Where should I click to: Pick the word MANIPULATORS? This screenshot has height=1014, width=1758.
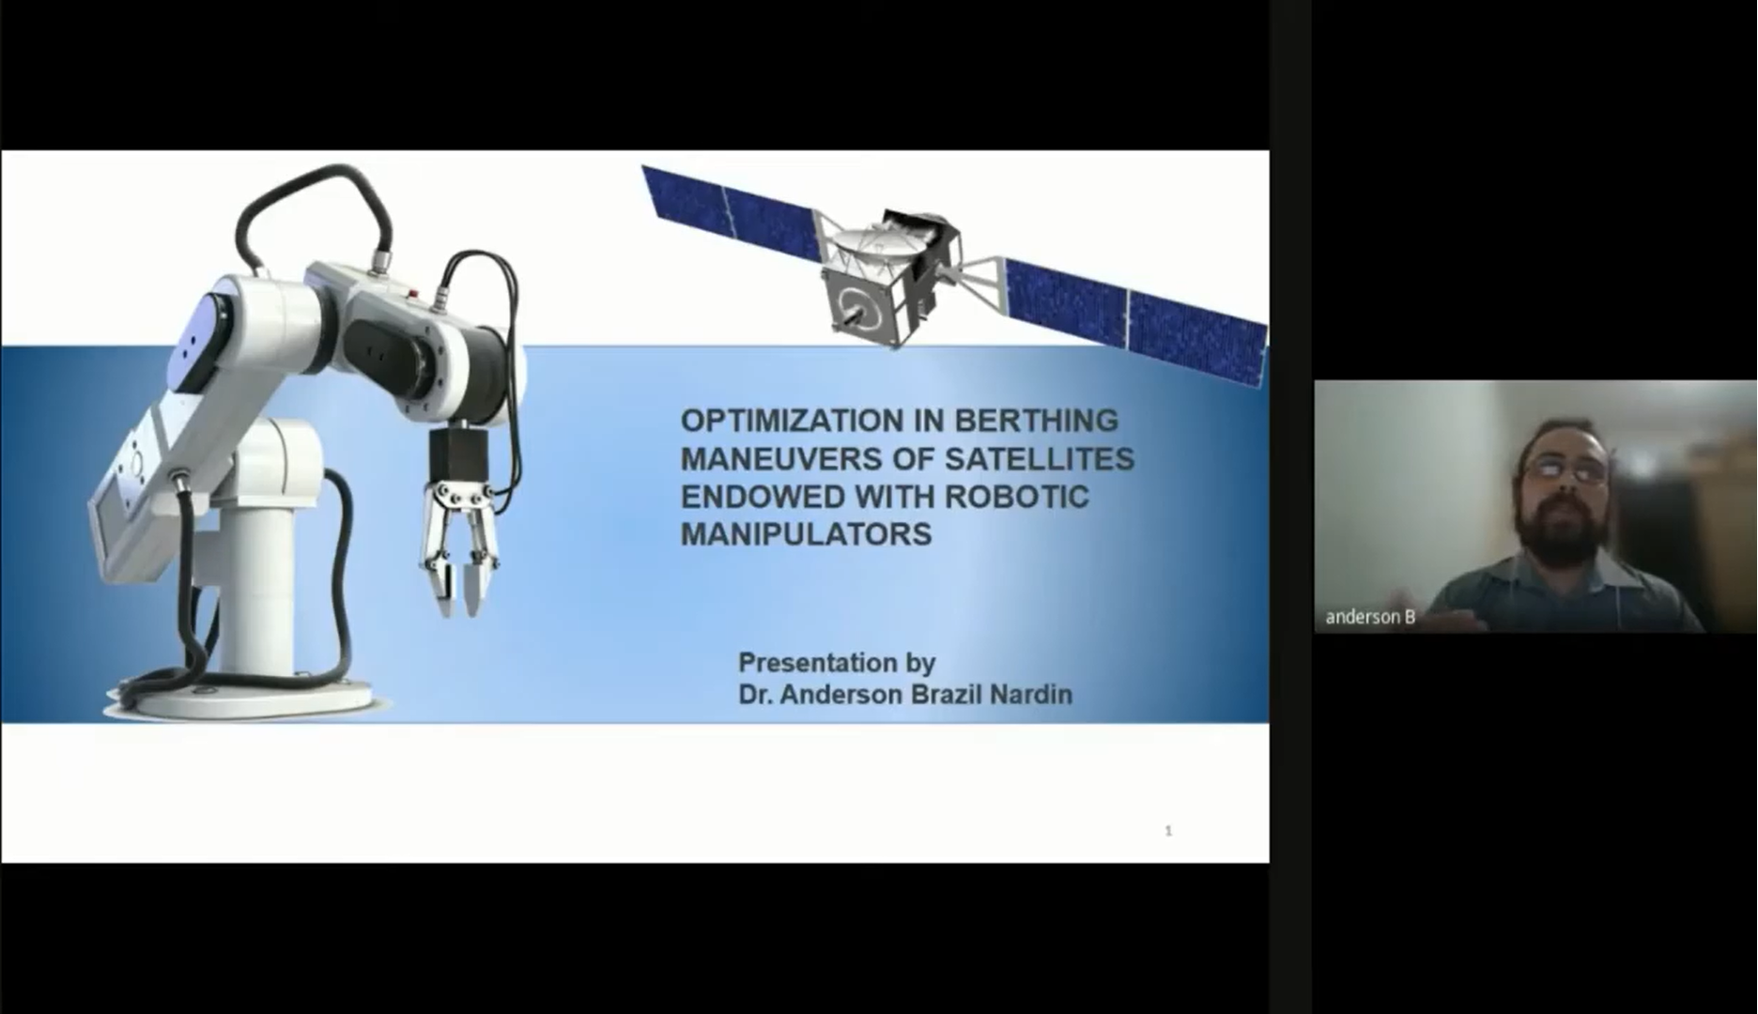point(807,534)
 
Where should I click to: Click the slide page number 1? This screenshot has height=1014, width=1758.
point(1168,830)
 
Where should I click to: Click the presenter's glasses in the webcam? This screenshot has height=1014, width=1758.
point(1565,469)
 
